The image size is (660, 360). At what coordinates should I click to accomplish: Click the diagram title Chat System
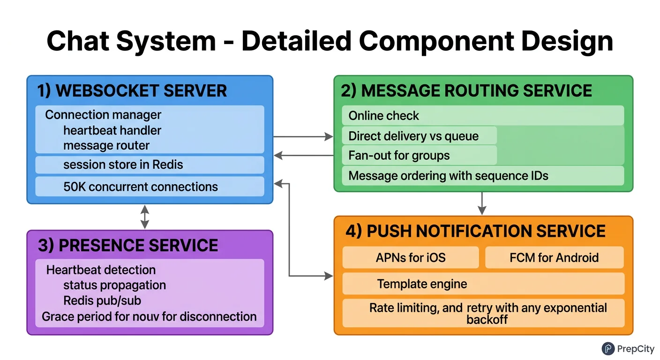pyautogui.click(x=330, y=41)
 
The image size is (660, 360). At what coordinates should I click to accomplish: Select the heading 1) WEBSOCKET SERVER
pyautogui.click(x=132, y=90)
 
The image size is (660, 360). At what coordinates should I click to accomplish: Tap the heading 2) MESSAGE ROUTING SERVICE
pyautogui.click(x=466, y=90)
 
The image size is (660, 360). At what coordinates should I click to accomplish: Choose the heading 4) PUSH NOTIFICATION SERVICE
pyautogui.click(x=475, y=231)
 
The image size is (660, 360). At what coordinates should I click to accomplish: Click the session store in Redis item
pyautogui.click(x=123, y=165)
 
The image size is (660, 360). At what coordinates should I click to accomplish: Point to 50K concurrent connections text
pyautogui.click(x=141, y=187)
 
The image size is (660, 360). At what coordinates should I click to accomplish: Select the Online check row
pyautogui.click(x=383, y=116)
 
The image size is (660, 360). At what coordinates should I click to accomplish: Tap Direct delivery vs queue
pyautogui.click(x=413, y=136)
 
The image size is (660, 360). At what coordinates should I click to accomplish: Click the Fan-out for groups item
pyautogui.click(x=399, y=155)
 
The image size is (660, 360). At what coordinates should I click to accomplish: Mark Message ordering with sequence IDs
pyautogui.click(x=448, y=176)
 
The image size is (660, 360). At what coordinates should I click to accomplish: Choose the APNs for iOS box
pyautogui.click(x=410, y=257)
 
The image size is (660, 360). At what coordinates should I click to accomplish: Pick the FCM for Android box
pyautogui.click(x=554, y=257)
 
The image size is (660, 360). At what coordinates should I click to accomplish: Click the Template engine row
pyautogui.click(x=422, y=284)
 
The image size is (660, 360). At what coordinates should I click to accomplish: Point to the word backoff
pyautogui.click(x=487, y=320)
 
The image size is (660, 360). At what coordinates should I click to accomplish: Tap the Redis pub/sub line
pyautogui.click(x=102, y=300)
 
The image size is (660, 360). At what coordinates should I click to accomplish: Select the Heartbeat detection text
pyautogui.click(x=101, y=270)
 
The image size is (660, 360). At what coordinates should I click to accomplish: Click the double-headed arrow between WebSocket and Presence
pyautogui.click(x=145, y=217)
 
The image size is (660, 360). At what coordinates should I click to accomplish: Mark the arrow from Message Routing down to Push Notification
pyautogui.click(x=482, y=203)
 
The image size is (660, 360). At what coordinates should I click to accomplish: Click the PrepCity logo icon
pyautogui.click(x=608, y=348)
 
